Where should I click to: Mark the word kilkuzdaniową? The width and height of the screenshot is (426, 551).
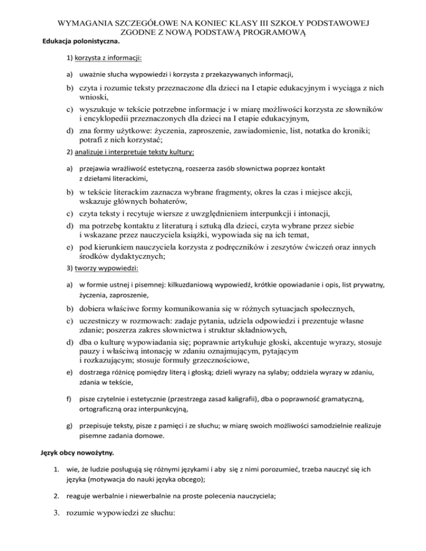187,284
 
